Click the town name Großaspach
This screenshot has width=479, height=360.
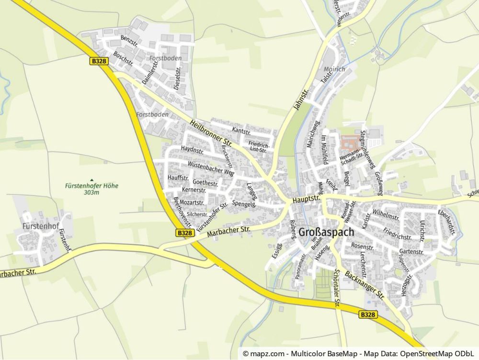pyautogui.click(x=326, y=232)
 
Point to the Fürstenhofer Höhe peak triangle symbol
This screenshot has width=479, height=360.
pyautogui.click(x=91, y=180)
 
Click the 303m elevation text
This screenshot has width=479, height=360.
pyautogui.click(x=91, y=193)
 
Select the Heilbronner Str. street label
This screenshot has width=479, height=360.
pyautogui.click(x=211, y=133)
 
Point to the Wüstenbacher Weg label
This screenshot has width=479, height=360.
pyautogui.click(x=211, y=168)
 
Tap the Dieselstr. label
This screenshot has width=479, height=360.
pyautogui.click(x=178, y=79)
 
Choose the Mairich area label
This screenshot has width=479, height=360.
pyautogui.click(x=334, y=69)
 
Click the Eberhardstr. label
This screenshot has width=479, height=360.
pyautogui.click(x=446, y=221)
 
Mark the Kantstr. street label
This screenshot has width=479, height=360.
pyautogui.click(x=241, y=130)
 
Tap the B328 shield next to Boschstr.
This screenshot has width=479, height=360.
pyautogui.click(x=99, y=61)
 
